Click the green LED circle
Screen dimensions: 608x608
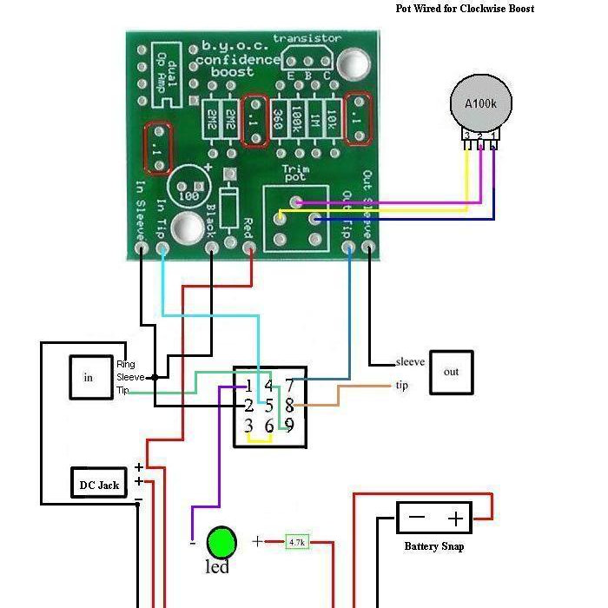tap(221, 542)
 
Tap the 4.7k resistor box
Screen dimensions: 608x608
tap(297, 542)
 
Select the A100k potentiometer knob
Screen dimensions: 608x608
tap(479, 103)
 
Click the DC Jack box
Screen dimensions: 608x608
tap(99, 484)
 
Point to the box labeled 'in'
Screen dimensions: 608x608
tap(88, 377)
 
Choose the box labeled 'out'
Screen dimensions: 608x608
tap(452, 372)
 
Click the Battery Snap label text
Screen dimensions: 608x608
tap(434, 546)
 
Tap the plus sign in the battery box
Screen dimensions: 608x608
tap(455, 519)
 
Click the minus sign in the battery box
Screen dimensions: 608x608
tap(417, 519)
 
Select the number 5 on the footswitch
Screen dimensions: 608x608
tap(269, 406)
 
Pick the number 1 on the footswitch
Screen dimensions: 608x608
tap(248, 386)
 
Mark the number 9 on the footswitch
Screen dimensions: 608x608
tap(289, 425)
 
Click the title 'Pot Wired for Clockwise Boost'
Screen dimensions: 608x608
tap(465, 9)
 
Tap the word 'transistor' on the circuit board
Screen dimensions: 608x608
tap(307, 39)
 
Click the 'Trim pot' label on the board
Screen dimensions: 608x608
tap(296, 175)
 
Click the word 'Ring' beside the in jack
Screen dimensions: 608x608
tap(126, 365)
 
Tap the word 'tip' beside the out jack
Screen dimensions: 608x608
tap(401, 386)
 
